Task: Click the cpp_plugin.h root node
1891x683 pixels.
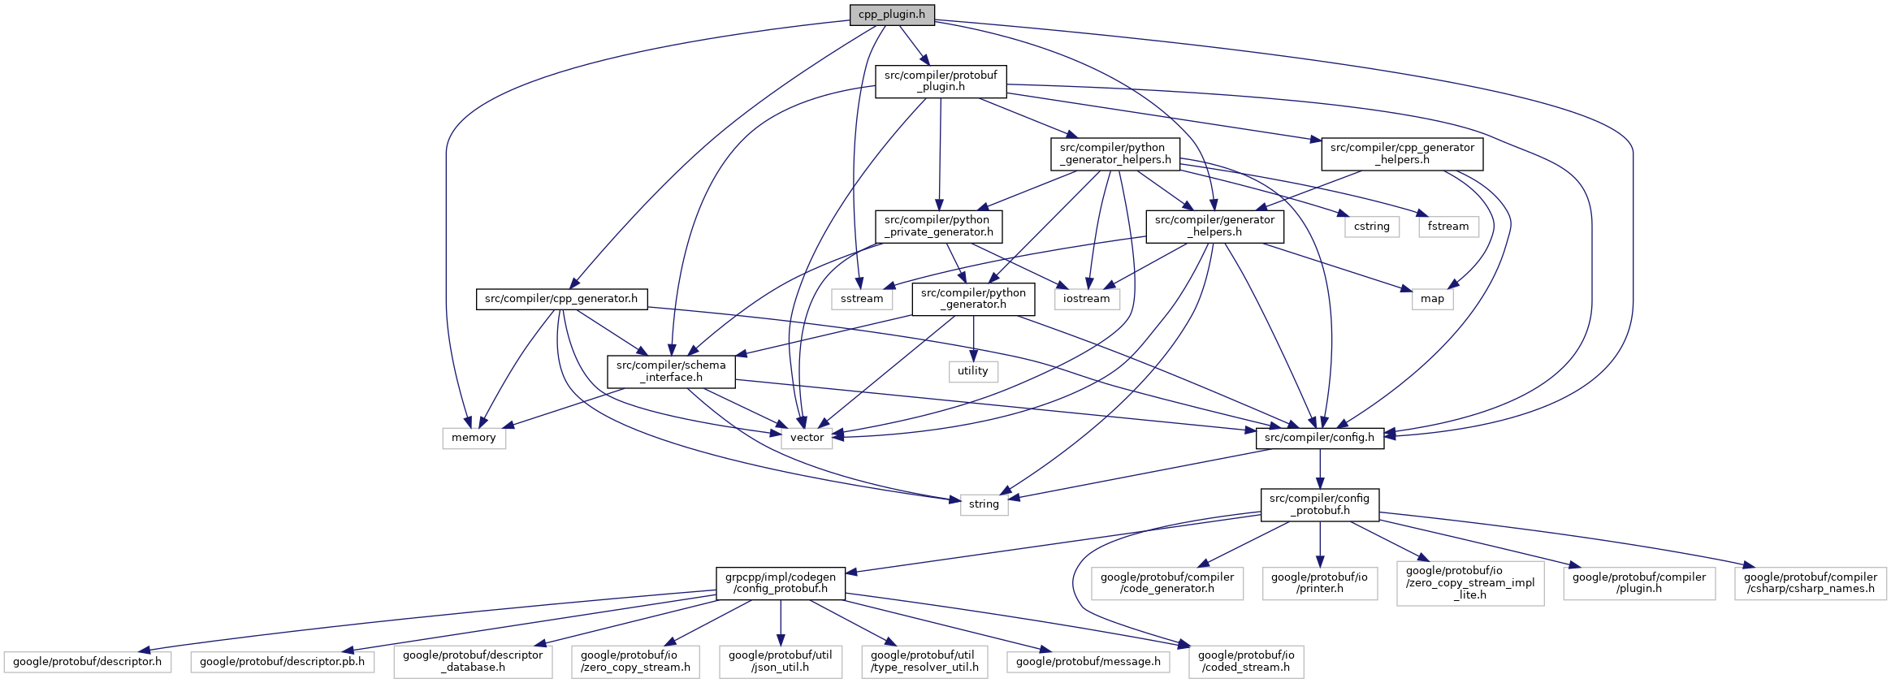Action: (x=892, y=15)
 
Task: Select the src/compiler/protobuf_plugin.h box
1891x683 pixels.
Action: (x=941, y=81)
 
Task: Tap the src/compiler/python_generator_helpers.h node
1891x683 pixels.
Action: (x=1115, y=153)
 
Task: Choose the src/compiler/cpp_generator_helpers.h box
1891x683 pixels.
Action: (x=1402, y=153)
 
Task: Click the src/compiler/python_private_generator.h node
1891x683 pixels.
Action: (x=938, y=226)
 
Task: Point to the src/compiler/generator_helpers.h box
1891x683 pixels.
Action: (x=1214, y=226)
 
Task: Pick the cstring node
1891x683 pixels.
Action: (x=1372, y=227)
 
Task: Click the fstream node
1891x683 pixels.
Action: (x=1448, y=227)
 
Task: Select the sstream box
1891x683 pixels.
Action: (x=862, y=299)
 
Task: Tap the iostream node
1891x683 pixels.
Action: (x=1086, y=299)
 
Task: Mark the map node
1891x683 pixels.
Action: (x=1432, y=299)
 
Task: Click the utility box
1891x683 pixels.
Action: (x=972, y=371)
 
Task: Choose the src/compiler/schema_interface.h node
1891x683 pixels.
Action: (x=671, y=371)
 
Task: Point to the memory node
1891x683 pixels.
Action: (x=474, y=438)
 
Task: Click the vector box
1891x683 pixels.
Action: (x=807, y=438)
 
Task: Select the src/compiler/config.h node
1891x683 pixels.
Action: (x=1319, y=438)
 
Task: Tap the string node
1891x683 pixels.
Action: (x=984, y=504)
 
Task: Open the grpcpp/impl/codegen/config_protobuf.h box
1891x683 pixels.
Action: (x=781, y=583)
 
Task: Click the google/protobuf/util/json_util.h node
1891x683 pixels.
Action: (x=781, y=661)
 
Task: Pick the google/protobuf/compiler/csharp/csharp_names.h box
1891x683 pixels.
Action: (x=1811, y=583)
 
